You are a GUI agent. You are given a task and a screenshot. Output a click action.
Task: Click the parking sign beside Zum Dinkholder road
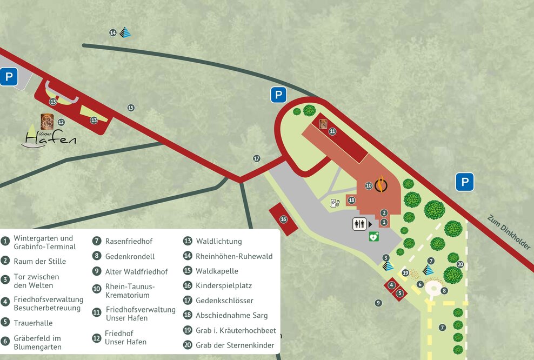[x=464, y=182]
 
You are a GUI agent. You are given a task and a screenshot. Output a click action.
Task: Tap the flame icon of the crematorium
[x=382, y=185]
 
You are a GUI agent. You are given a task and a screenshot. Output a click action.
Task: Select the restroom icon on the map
[x=360, y=223]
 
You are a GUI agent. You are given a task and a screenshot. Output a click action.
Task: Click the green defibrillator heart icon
[x=373, y=236]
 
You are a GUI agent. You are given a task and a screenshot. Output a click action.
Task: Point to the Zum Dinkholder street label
[x=509, y=233]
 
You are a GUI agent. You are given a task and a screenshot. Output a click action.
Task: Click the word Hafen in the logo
[x=51, y=139]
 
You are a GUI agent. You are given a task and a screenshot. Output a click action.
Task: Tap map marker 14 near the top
[x=112, y=33]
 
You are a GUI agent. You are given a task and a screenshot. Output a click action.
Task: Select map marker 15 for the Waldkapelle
[x=131, y=108]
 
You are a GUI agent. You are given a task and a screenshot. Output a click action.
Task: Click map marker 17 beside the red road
[x=257, y=158]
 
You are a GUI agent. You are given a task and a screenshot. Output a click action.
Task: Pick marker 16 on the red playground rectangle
[x=283, y=219]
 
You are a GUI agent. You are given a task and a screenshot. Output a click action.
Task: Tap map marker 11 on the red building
[x=332, y=131]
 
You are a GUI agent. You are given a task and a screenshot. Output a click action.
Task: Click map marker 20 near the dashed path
[x=460, y=264]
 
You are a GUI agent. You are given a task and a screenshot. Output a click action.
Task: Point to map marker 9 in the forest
[x=378, y=303]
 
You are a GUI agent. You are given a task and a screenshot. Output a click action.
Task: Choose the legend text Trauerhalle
[x=33, y=323]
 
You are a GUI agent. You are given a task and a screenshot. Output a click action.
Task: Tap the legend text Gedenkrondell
[x=130, y=256]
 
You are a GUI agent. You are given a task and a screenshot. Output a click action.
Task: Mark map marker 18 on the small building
[x=352, y=200]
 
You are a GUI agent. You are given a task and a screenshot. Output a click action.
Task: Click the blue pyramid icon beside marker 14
[x=125, y=32]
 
